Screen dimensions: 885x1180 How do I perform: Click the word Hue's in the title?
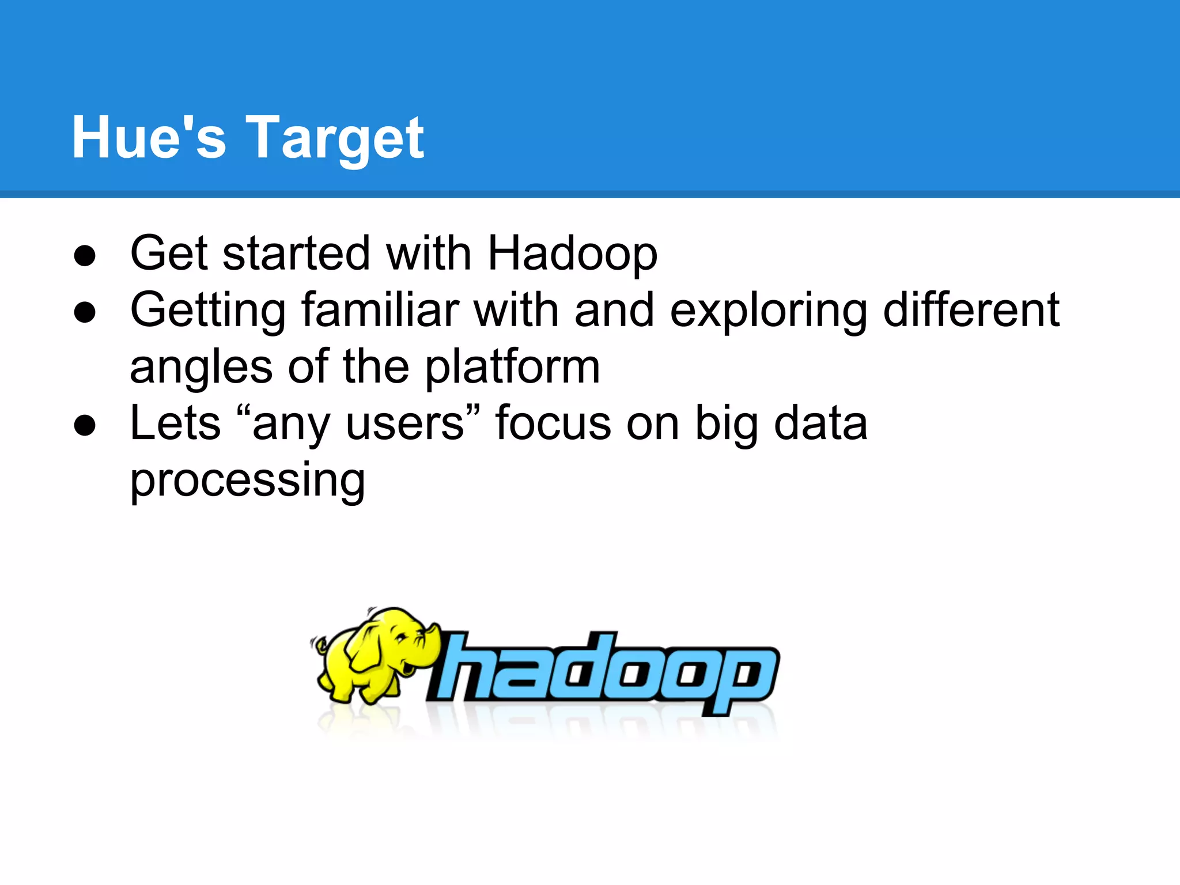coord(149,138)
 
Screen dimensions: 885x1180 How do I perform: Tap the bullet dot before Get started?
coord(85,256)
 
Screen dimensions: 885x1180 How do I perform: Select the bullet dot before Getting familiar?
coord(85,312)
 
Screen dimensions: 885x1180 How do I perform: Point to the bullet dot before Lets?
coord(85,426)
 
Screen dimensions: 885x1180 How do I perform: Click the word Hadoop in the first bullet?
coord(572,254)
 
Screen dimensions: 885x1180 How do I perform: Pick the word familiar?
coord(380,310)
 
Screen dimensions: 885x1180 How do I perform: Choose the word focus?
coord(553,423)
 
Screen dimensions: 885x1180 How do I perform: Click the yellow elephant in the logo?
coord(375,654)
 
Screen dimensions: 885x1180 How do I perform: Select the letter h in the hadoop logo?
coord(461,668)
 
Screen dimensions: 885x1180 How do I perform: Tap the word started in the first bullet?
coord(296,254)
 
